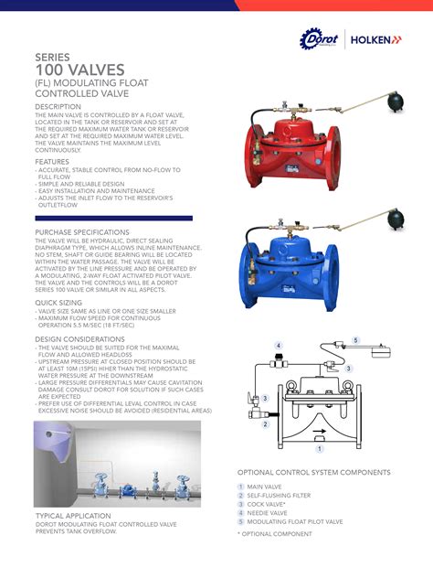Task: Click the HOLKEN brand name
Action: coord(375,40)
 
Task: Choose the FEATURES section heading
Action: coord(51,162)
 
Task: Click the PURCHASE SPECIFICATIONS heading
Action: coord(82,232)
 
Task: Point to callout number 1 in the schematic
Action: coord(319,449)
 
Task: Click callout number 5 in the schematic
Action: coord(355,340)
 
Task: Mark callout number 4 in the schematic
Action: coord(277,346)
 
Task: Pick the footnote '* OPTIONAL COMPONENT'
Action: coord(276,533)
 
